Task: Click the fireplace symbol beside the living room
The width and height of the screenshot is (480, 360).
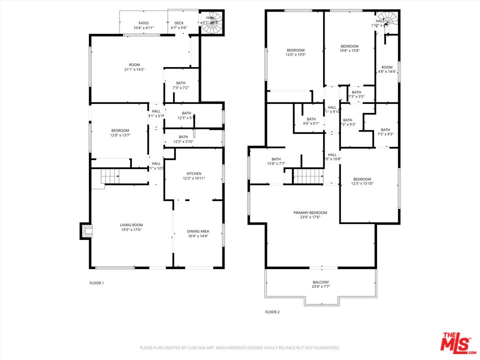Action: click(x=86, y=230)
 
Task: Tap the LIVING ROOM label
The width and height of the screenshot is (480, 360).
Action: click(x=131, y=225)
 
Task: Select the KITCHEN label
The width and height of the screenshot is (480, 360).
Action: click(x=193, y=173)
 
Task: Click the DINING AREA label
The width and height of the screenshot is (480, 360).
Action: click(x=198, y=231)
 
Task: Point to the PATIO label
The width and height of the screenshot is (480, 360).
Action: click(x=143, y=23)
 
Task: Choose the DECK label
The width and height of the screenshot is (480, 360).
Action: click(x=178, y=23)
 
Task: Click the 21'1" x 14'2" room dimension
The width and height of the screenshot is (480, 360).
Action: click(x=134, y=69)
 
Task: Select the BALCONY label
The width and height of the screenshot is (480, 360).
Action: click(x=320, y=282)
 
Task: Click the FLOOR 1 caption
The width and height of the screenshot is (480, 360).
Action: click(x=96, y=283)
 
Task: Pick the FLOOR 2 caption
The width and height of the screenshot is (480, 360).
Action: click(x=272, y=312)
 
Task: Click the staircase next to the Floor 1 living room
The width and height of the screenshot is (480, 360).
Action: click(x=110, y=177)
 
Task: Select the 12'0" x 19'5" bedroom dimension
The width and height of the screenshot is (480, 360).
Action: click(x=295, y=55)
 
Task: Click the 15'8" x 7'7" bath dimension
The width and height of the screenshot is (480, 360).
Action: click(x=276, y=163)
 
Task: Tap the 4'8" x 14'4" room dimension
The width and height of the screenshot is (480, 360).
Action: click(x=387, y=71)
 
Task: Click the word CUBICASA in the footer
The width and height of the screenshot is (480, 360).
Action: click(x=206, y=347)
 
